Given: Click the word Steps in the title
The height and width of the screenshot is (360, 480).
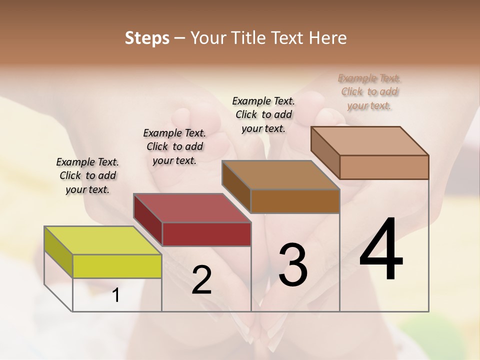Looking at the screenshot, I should (x=147, y=38).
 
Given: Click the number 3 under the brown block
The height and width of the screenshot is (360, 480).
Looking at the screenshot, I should (x=293, y=265).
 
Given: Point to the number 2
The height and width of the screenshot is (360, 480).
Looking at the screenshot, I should (x=201, y=280).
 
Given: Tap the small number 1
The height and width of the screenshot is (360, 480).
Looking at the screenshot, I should (x=116, y=295).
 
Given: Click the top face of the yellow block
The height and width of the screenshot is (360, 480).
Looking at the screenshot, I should (x=102, y=240).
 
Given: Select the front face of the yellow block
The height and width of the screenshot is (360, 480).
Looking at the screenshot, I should (x=117, y=266).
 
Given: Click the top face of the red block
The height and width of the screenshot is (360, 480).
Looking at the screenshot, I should (x=192, y=207).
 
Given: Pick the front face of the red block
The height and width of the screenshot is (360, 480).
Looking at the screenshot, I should (x=206, y=234).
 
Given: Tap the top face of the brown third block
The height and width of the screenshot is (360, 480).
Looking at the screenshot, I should (x=280, y=175).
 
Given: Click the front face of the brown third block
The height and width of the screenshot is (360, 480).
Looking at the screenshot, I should (x=295, y=201).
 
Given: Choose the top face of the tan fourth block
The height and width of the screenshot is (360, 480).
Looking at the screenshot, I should (x=369, y=140).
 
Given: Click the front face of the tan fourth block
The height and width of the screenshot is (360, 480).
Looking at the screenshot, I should (x=384, y=167).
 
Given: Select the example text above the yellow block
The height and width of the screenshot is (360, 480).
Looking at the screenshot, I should (x=87, y=175).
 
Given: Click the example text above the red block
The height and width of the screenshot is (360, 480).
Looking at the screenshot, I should (x=174, y=146).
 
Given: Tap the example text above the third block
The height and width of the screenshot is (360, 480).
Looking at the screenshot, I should (x=263, y=114).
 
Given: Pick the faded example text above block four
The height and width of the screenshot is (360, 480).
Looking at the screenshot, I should (x=369, y=91).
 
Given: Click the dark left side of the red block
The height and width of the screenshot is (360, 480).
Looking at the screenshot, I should (x=148, y=222).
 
